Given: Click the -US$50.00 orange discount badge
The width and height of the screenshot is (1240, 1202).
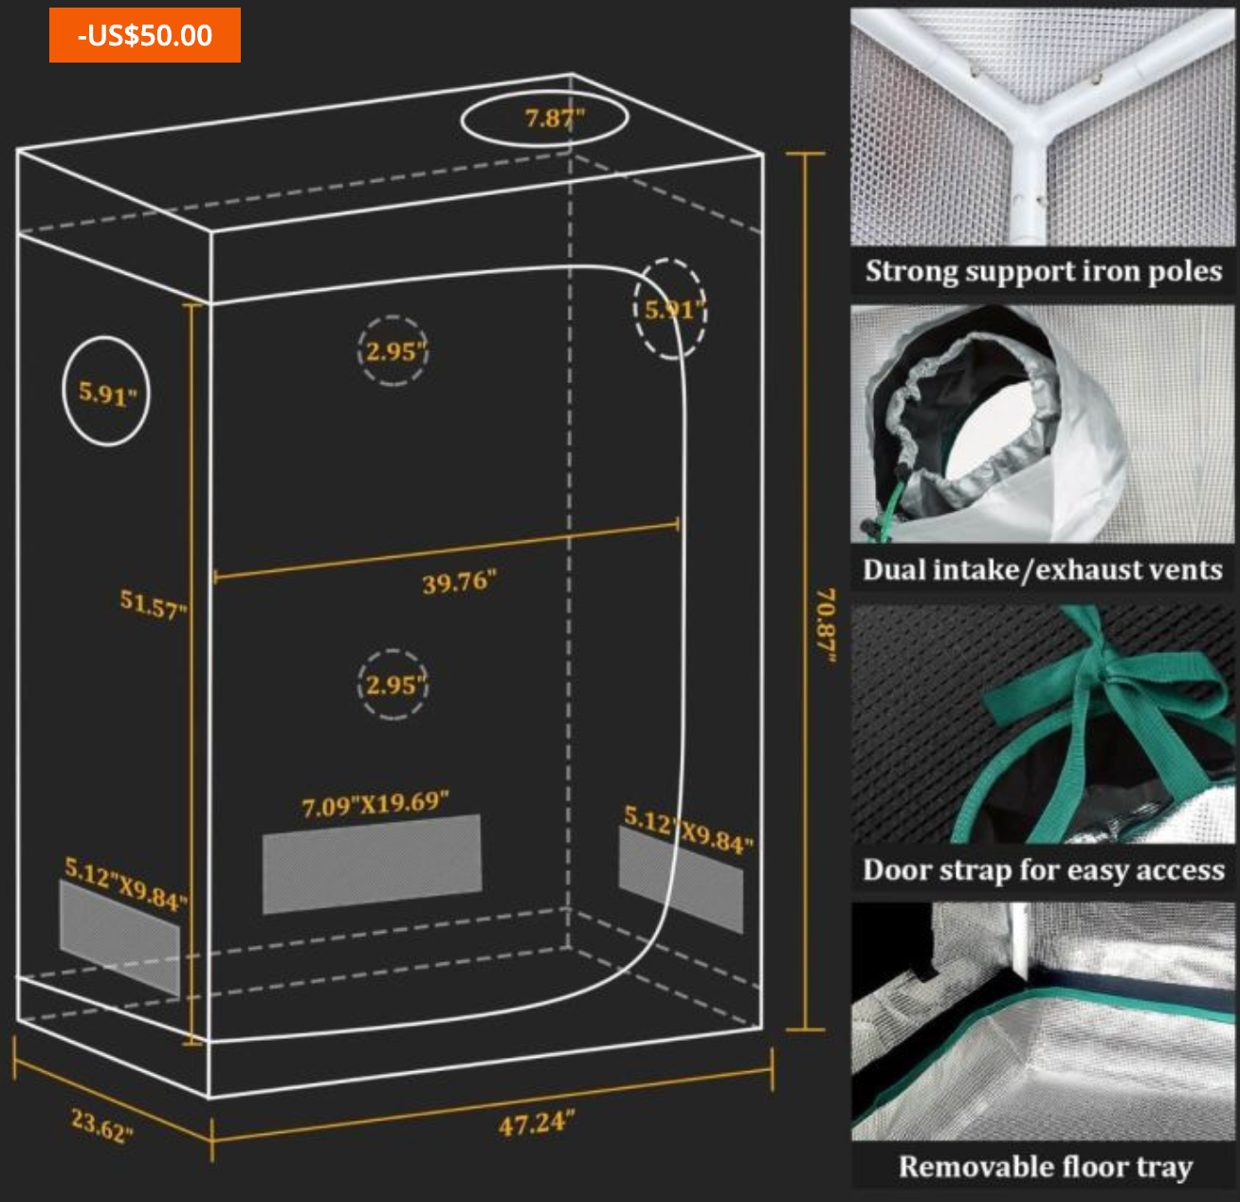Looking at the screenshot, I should [x=145, y=35].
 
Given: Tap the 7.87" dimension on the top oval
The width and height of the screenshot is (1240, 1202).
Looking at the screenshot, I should [x=554, y=118].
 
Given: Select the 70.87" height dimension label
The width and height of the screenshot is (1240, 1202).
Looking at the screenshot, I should [x=826, y=626].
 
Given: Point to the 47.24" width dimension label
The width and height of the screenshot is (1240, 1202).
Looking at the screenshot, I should [x=536, y=1124].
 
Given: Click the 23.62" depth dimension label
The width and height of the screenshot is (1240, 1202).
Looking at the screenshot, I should [x=101, y=1126].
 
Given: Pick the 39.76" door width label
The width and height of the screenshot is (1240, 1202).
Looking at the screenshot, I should [x=459, y=581].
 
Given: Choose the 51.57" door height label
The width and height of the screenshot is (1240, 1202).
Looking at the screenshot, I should [x=153, y=604].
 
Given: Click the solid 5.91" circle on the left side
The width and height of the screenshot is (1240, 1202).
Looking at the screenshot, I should [x=106, y=392].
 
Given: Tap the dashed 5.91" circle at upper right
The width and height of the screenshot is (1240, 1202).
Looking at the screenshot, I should [x=670, y=309].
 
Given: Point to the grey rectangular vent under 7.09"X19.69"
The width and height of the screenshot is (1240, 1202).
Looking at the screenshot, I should [x=372, y=864].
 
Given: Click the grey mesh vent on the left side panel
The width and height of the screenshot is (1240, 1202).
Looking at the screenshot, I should [x=119, y=938].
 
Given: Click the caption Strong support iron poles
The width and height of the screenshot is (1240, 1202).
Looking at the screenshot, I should [x=1043, y=271].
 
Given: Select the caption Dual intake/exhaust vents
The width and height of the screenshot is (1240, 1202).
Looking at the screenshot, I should [x=1043, y=570].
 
